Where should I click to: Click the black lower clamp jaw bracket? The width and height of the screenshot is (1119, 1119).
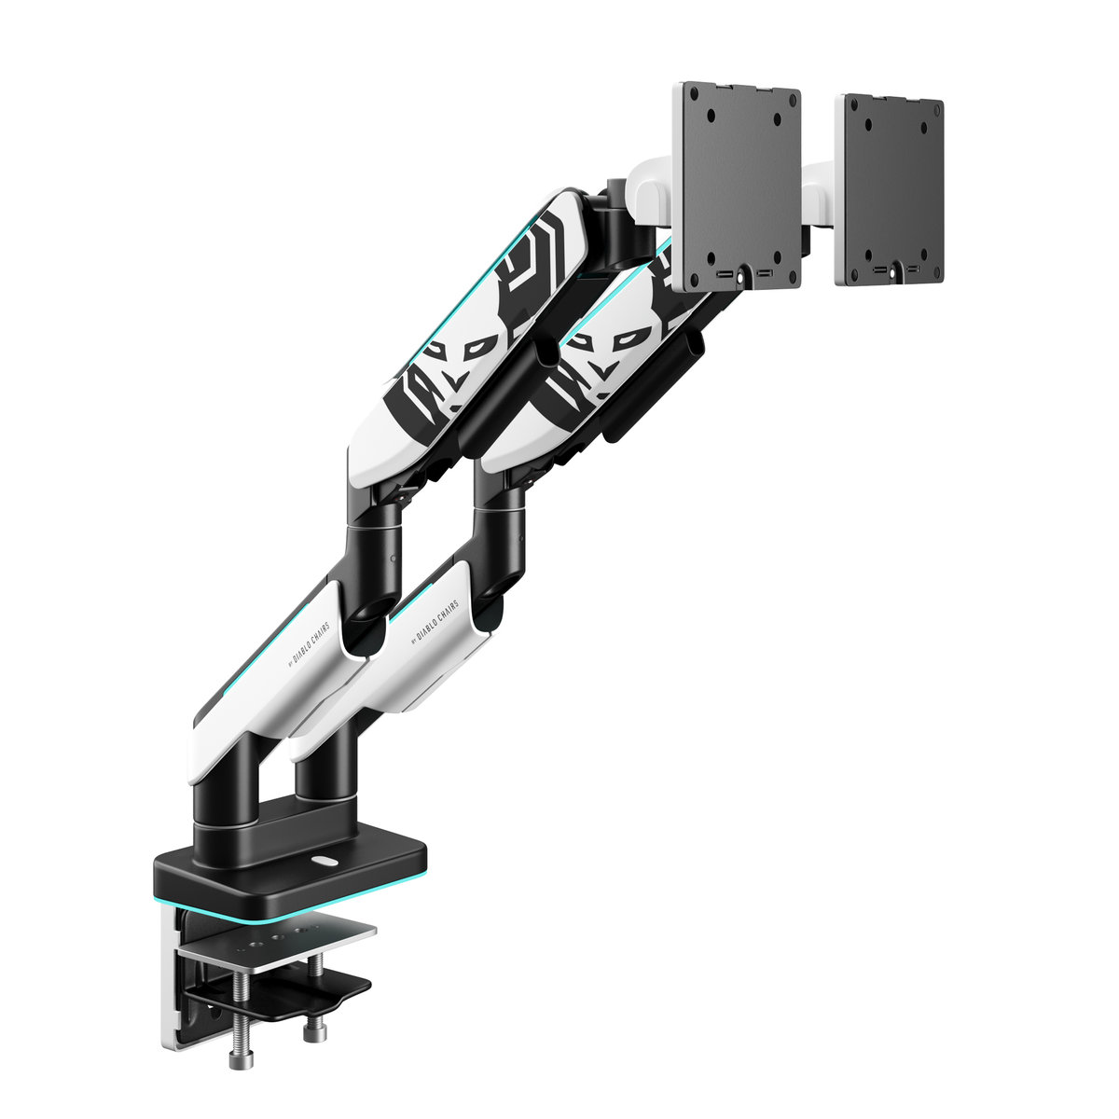click(298, 993)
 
